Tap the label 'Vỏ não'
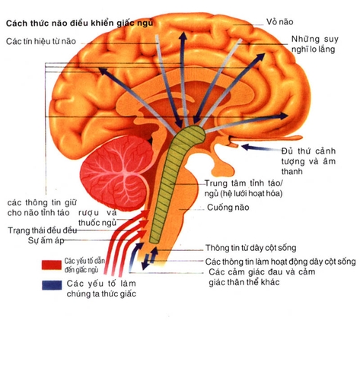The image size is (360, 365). tap(280, 22)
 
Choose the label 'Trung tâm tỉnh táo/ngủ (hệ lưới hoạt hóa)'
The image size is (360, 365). tap(244, 188)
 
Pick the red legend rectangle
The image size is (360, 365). tap(51, 265)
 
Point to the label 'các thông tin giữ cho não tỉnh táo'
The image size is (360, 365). tap(42, 208)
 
